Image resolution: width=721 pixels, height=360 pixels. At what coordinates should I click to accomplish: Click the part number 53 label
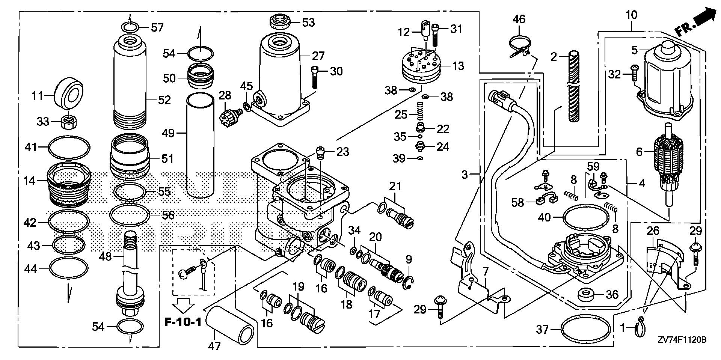(x=308, y=23)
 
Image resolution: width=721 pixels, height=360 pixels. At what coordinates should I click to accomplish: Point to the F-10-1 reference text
(x=183, y=322)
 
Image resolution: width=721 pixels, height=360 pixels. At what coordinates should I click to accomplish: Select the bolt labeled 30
(x=314, y=77)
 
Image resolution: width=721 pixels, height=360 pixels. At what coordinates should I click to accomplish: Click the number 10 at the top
(x=632, y=15)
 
